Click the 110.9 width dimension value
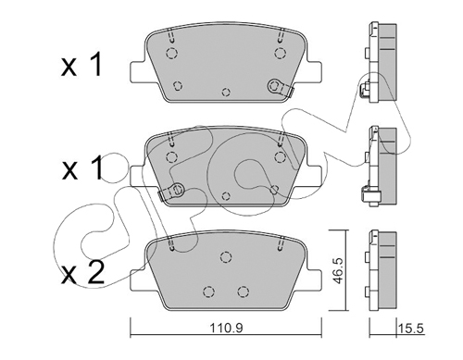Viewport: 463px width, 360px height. click(227, 328)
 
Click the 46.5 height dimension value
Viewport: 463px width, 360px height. click(339, 271)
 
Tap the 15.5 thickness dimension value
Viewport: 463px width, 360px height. click(411, 329)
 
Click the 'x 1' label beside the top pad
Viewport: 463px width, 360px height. click(81, 65)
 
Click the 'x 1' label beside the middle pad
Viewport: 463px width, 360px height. click(82, 168)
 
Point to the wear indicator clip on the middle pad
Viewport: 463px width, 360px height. click(171, 191)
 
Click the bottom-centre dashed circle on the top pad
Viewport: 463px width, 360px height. click(226, 92)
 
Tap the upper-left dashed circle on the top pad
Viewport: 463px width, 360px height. click(171, 53)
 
